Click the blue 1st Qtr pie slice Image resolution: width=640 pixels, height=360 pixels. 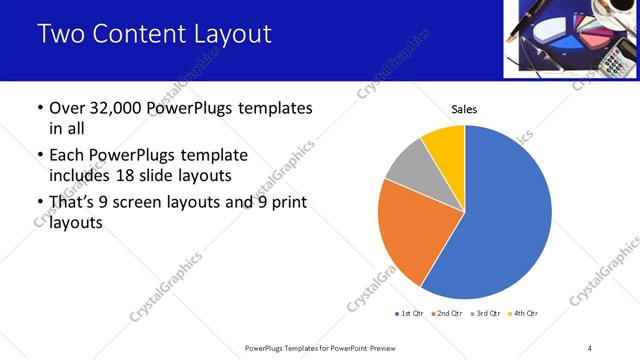[x=510, y=220]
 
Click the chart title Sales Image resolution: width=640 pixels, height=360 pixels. [x=464, y=108]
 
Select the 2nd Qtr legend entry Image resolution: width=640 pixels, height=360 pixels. [x=446, y=314]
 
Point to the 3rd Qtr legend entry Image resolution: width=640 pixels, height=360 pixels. [x=485, y=314]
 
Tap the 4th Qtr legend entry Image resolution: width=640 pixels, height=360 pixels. [x=523, y=314]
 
